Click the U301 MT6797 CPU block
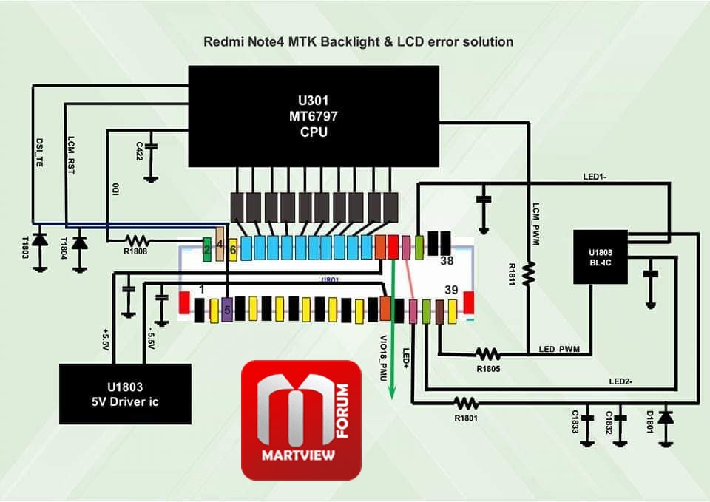tap(314, 116)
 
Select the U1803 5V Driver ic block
tap(125, 394)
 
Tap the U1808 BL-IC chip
tap(601, 257)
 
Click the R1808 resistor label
tap(135, 251)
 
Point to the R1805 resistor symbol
tap(487, 353)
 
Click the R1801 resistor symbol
tap(466, 402)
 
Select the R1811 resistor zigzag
tap(528, 274)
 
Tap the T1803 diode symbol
tap(40, 240)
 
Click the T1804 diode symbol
tap(80, 243)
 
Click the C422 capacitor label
tap(140, 151)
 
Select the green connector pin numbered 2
tap(207, 249)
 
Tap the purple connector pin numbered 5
tap(227, 310)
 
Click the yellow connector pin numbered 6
tap(233, 250)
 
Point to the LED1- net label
tap(595, 177)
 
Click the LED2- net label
tap(621, 381)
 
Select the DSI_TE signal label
tap(39, 152)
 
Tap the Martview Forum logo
tap(301, 420)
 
